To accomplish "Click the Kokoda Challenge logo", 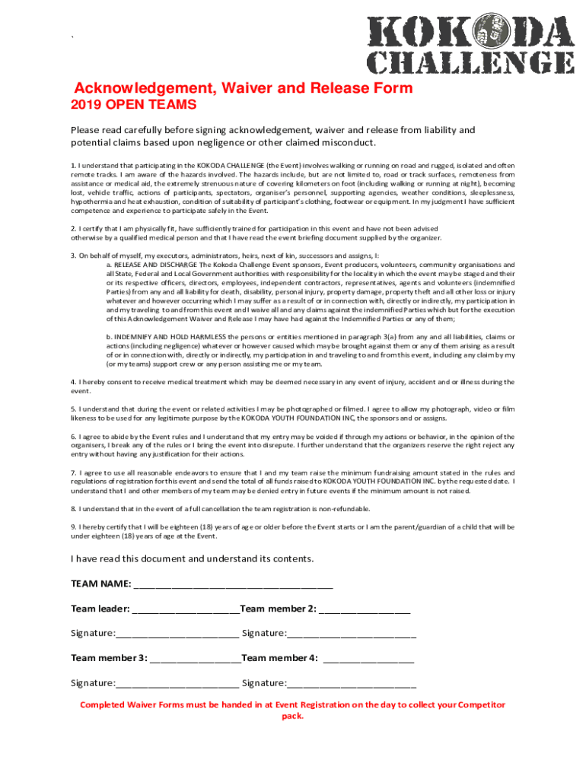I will pyautogui.click(x=472, y=46).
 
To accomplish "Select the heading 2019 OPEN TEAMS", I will pyautogui.click(x=133, y=105).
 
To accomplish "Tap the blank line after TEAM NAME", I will pyautogui.click(x=233, y=587).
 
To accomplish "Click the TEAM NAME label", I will pyautogui.click(x=100, y=584).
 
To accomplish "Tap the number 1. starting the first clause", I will pyautogui.click(x=74, y=166).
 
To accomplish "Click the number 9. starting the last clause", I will pyautogui.click(x=74, y=526).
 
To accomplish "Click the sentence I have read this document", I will pyautogui.click(x=192, y=559).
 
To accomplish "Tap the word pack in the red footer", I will pyautogui.click(x=292, y=717).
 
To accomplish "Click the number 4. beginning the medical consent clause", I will pyautogui.click(x=74, y=382).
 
